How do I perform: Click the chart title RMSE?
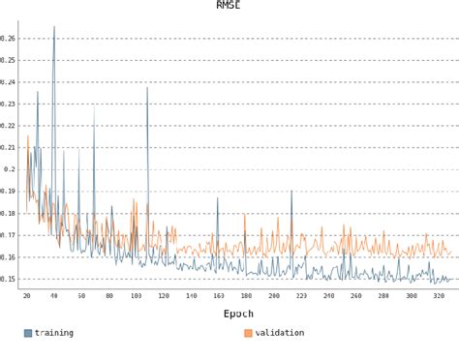[x=229, y=5]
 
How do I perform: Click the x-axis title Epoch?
[x=238, y=314]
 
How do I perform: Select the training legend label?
[x=54, y=333]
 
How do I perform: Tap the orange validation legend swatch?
[x=248, y=333]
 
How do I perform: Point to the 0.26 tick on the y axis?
[x=8, y=39]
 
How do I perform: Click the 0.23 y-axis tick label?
[x=8, y=105]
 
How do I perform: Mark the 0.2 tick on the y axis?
[x=10, y=169]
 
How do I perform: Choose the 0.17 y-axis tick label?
[x=8, y=235]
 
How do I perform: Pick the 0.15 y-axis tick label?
[x=8, y=279]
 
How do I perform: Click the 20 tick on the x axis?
[x=26, y=295]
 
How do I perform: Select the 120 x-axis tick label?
[x=164, y=295]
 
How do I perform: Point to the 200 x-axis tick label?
[x=274, y=295]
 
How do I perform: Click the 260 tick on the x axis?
[x=356, y=295]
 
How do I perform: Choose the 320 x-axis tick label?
[x=439, y=295]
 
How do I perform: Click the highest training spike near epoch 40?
[x=53, y=27]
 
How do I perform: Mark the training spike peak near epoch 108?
[x=147, y=88]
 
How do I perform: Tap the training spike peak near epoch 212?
[x=291, y=191]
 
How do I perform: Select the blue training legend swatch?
[x=28, y=333]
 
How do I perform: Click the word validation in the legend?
[x=280, y=333]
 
